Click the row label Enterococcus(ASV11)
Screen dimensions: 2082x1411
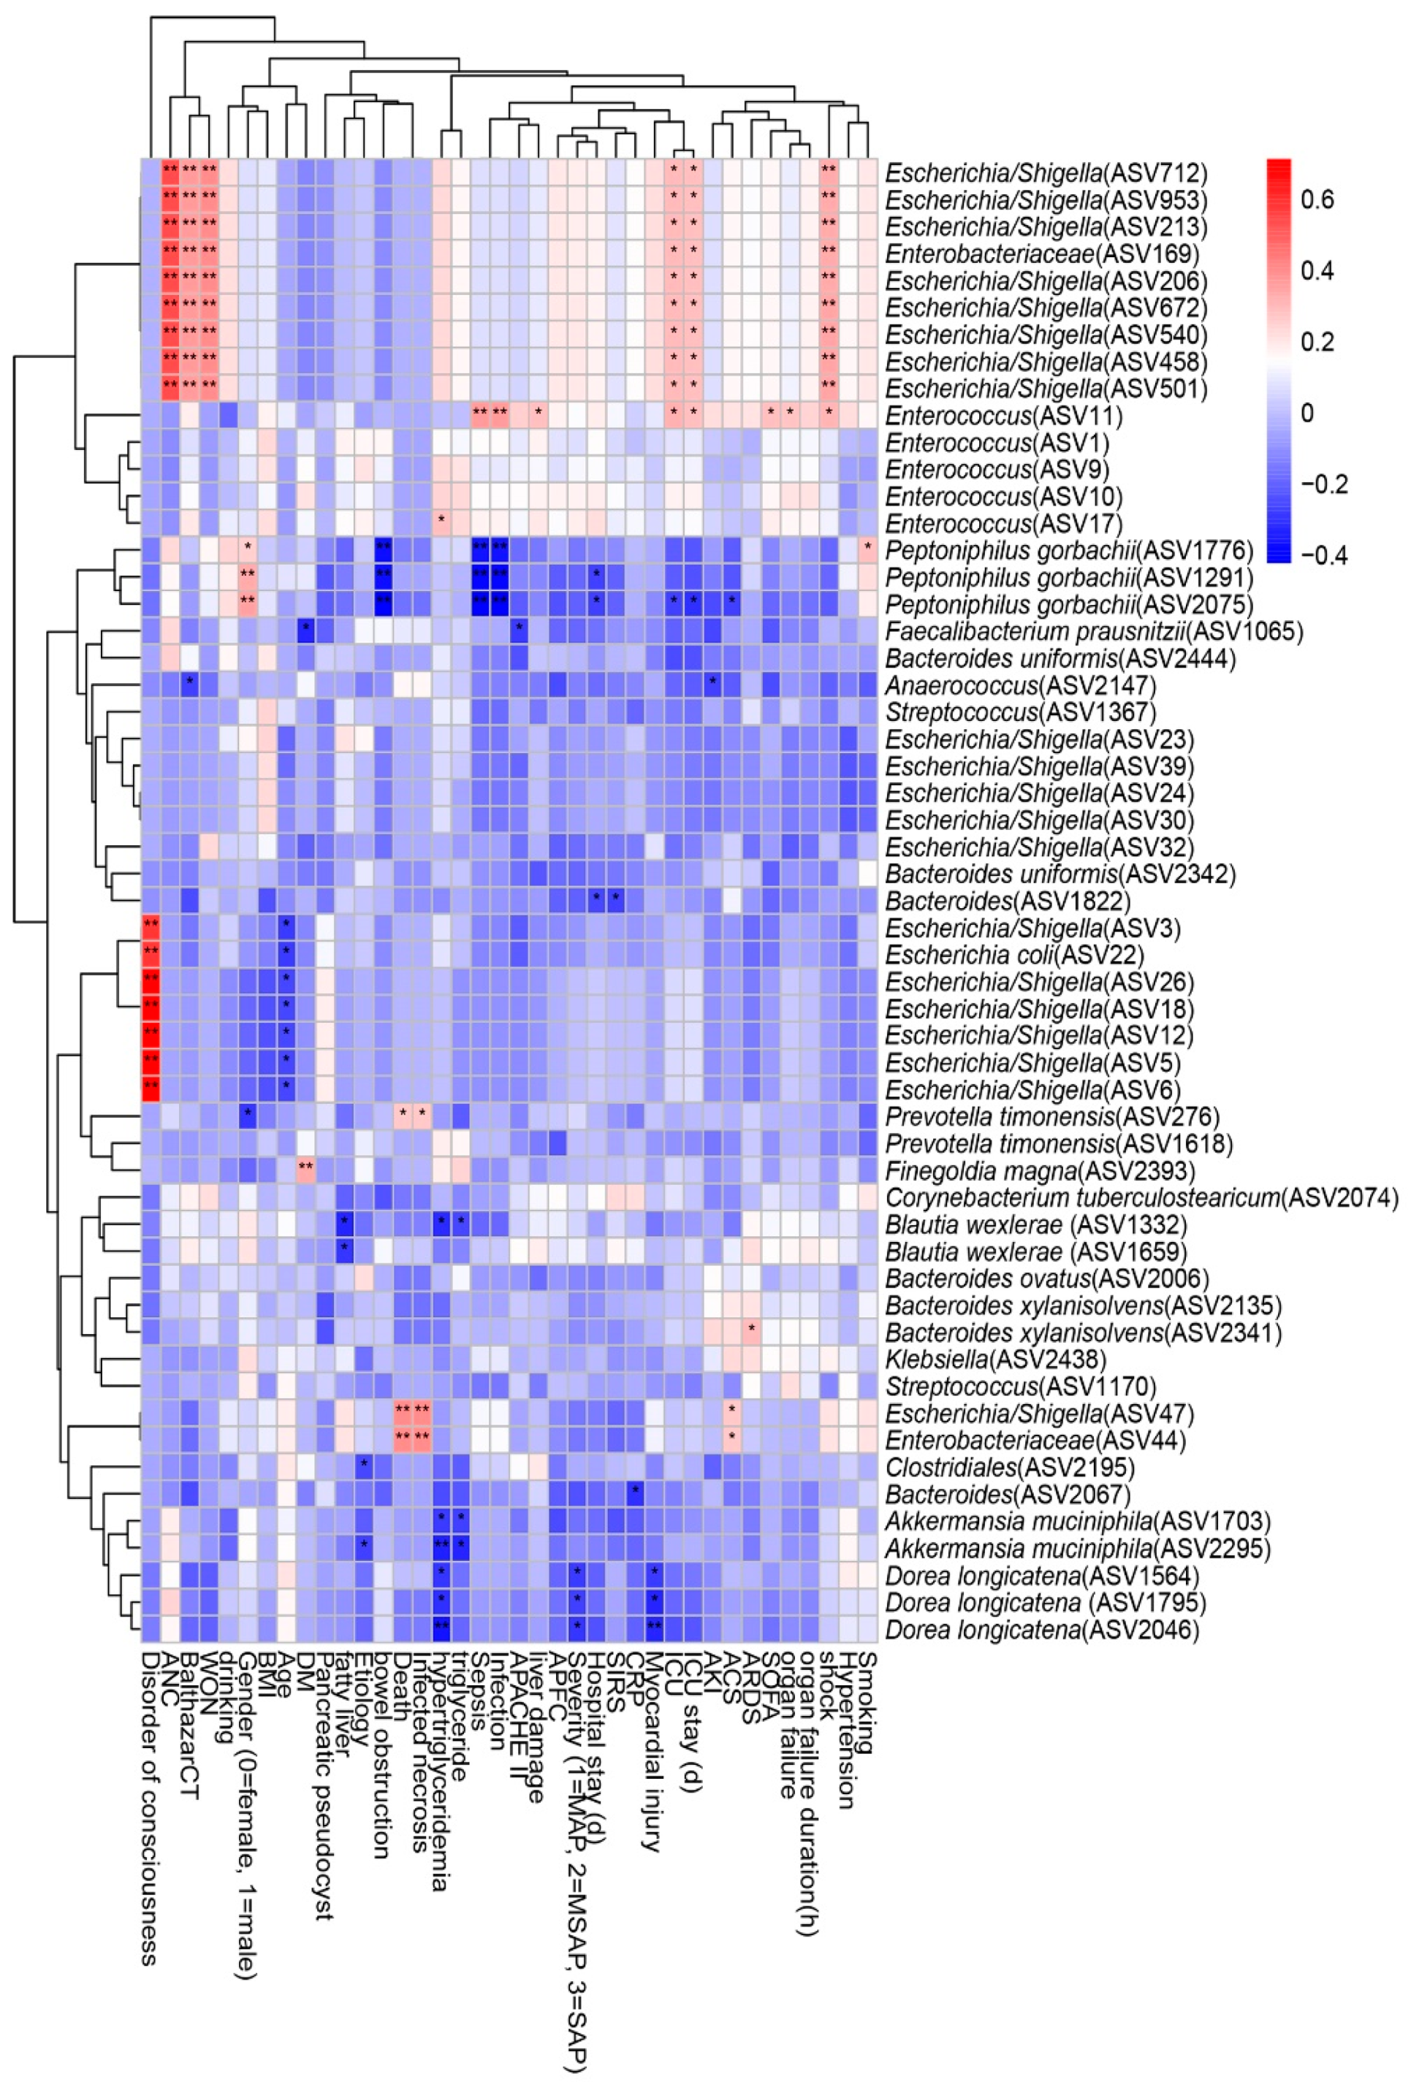(x=1003, y=416)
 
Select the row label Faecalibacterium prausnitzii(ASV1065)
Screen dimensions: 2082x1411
(x=1093, y=632)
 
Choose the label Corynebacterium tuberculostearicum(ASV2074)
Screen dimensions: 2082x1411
(x=1141, y=1198)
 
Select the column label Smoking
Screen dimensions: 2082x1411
(x=867, y=1702)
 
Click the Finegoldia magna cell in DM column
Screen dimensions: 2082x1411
(x=305, y=1171)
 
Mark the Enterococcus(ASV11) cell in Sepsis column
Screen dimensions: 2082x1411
(x=479, y=416)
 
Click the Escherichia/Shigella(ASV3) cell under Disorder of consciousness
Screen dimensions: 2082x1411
(x=151, y=928)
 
